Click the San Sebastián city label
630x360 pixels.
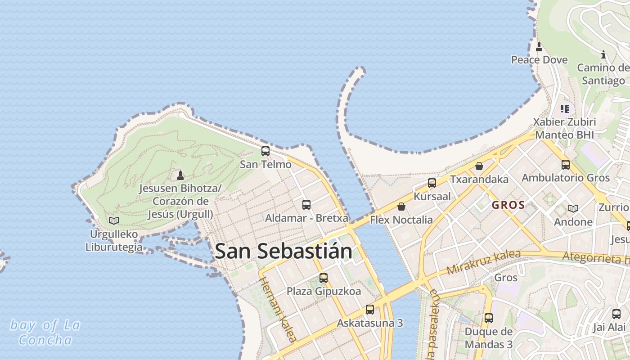tap(283, 251)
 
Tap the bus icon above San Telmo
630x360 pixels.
tap(265, 151)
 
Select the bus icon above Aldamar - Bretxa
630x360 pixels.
tap(306, 205)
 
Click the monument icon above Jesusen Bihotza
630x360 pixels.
tap(180, 175)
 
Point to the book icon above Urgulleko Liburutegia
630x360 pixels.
tap(114, 220)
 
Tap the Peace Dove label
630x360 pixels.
tap(539, 60)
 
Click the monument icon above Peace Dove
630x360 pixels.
tap(539, 46)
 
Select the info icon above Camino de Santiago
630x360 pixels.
tap(603, 55)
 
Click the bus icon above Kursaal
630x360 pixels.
tap(432, 183)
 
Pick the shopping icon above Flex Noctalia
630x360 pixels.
tap(401, 207)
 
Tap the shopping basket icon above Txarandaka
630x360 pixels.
tap(479, 166)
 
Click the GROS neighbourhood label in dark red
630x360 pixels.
tap(508, 205)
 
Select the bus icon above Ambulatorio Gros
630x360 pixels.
tap(566, 165)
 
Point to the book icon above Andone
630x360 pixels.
tap(573, 208)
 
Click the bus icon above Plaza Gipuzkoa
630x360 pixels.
tap(324, 278)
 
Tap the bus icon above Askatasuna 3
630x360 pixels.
tap(370, 310)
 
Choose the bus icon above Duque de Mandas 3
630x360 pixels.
tap(489, 318)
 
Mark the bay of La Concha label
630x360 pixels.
tap(45, 332)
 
